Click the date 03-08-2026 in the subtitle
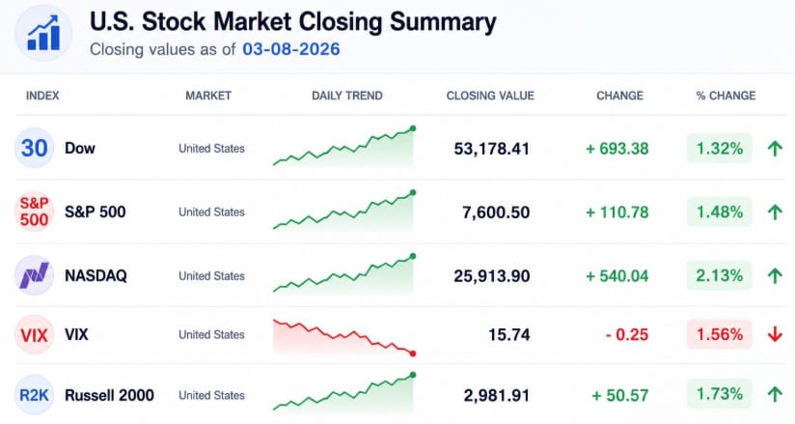point(291,49)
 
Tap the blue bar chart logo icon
point(43,33)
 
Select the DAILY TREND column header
point(347,96)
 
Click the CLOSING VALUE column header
point(490,96)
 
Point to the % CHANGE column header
point(726,96)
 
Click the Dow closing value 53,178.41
point(492,149)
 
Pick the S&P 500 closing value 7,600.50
point(496,212)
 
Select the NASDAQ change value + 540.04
point(617,275)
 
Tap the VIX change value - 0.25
point(627,334)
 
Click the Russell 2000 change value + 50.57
point(620,395)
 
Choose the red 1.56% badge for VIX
point(720,334)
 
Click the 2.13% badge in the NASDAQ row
point(720,275)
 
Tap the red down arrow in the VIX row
point(775,334)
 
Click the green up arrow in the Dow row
point(775,149)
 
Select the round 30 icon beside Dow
point(34,148)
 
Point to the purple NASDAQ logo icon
point(34,275)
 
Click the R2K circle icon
point(34,395)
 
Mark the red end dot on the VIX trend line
point(413,353)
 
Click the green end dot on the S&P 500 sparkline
point(413,192)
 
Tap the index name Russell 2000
point(110,395)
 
